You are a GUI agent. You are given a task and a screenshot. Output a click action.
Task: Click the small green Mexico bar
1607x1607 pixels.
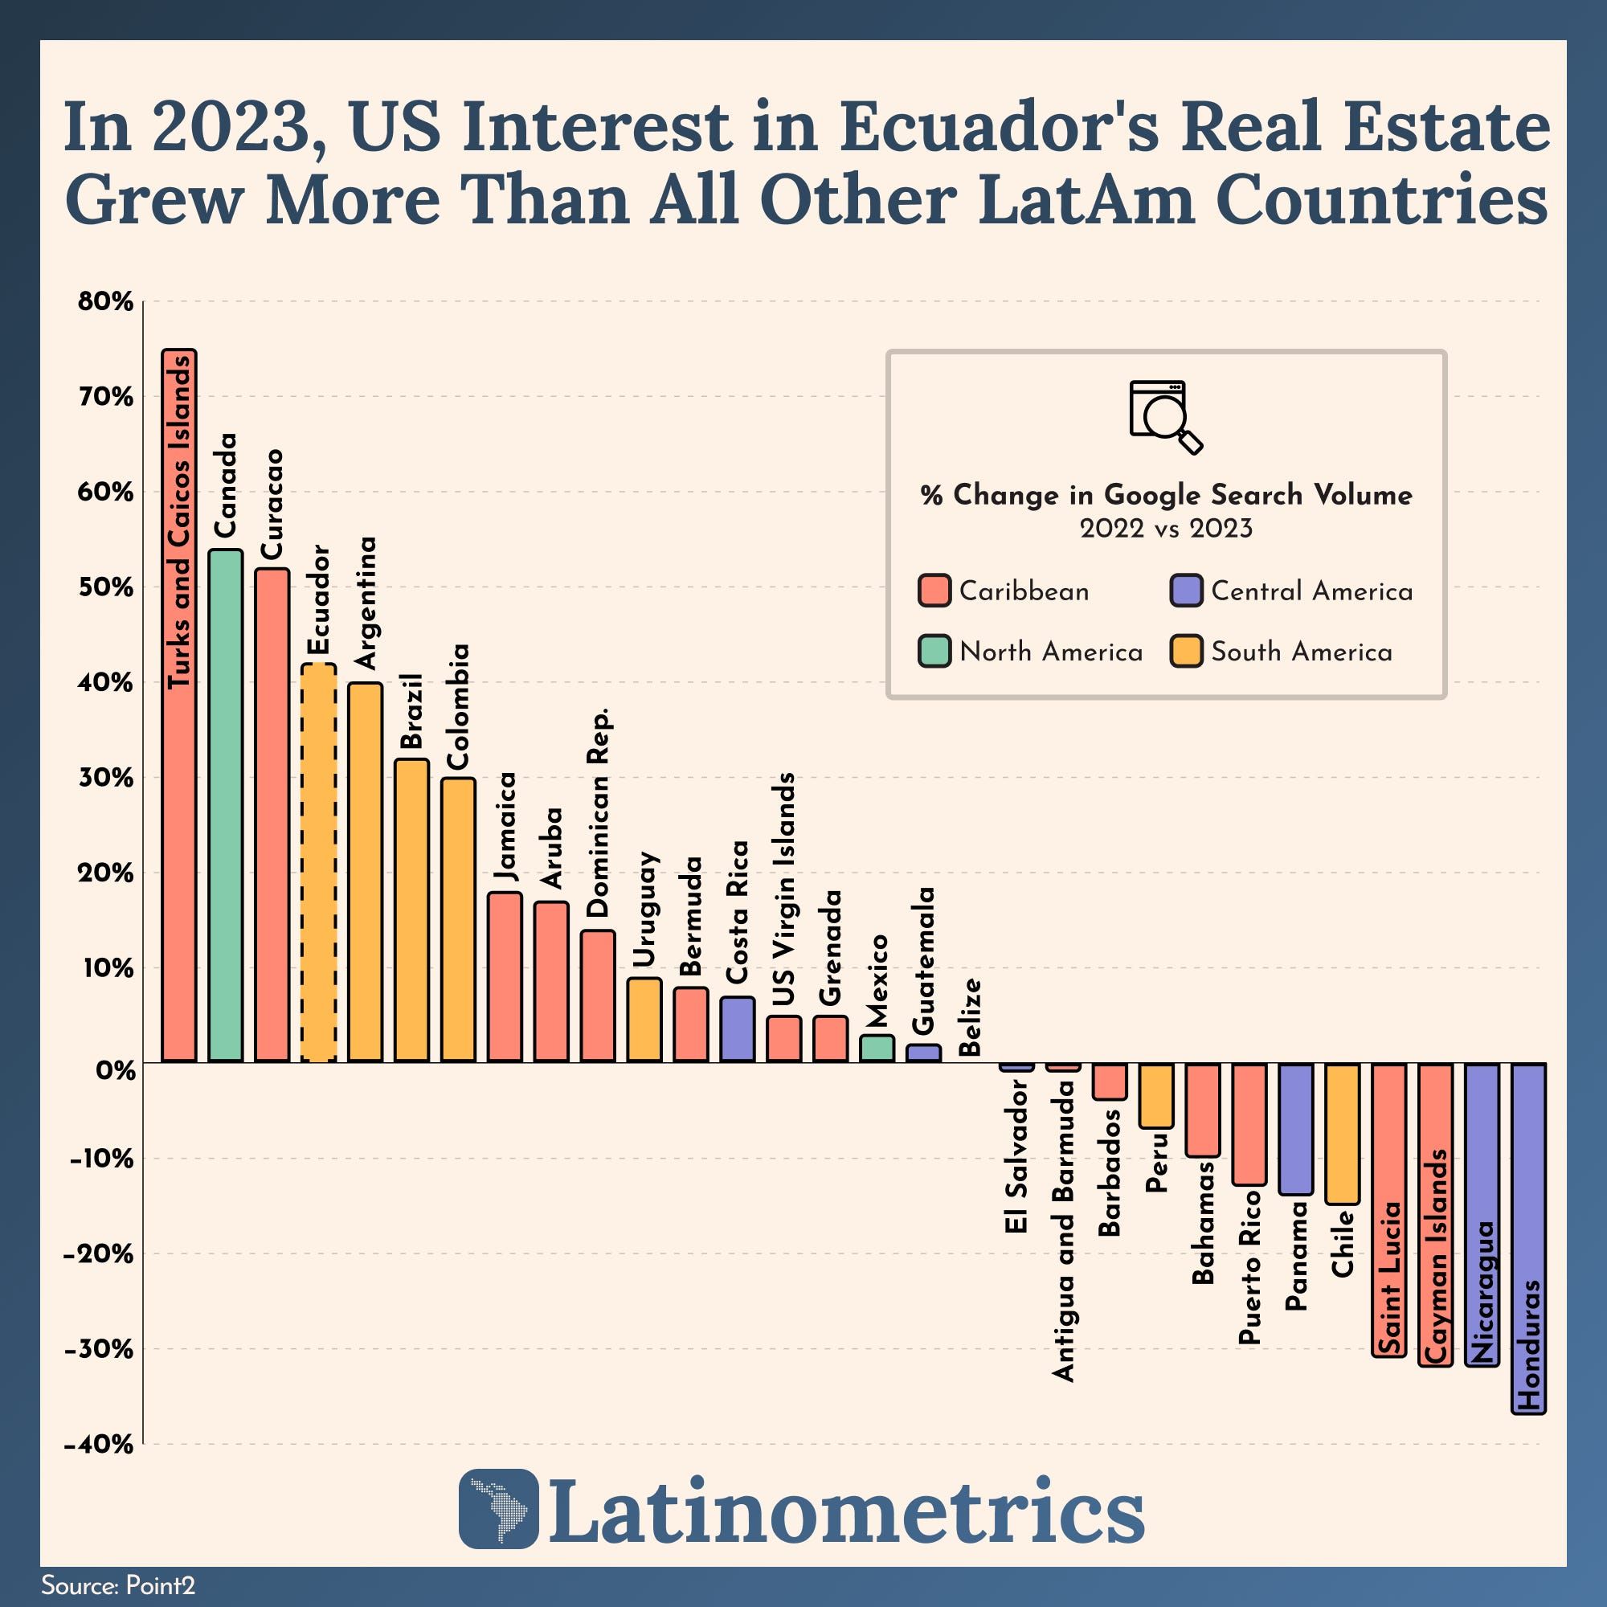pos(877,1049)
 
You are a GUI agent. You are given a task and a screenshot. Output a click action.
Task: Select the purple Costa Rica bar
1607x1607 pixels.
pos(737,1029)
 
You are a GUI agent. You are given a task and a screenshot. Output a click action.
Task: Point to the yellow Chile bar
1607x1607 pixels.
pos(1343,1133)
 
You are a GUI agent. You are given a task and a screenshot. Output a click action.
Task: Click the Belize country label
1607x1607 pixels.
pos(971,1017)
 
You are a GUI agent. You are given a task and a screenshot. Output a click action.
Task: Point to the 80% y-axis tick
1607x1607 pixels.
pos(105,301)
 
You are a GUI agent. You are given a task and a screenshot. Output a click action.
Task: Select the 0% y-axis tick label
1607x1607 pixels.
pos(115,1069)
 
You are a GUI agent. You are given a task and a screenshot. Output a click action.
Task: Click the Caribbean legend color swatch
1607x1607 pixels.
pos(934,591)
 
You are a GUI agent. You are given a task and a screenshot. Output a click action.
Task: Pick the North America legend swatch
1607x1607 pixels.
pos(934,652)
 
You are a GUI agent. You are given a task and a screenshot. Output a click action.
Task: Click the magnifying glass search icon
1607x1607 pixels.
pos(1165,417)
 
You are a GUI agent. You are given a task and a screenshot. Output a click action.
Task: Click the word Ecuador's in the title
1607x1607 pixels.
pos(996,127)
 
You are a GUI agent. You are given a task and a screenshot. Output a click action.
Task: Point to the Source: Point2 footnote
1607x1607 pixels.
pos(118,1585)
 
